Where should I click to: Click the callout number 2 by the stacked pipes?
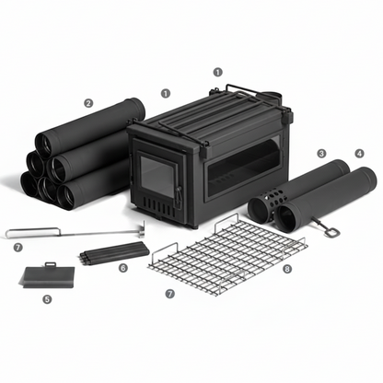tap(88, 104)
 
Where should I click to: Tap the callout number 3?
tap(321, 153)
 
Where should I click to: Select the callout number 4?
tap(359, 153)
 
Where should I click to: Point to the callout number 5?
tap(48, 298)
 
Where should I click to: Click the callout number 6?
tap(123, 268)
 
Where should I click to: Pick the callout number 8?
tap(287, 270)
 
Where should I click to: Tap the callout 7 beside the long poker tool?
tap(18, 247)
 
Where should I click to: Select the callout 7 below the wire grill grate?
tap(168, 293)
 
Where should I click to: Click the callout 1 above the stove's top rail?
tap(217, 71)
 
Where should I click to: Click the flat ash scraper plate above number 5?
tap(48, 275)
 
